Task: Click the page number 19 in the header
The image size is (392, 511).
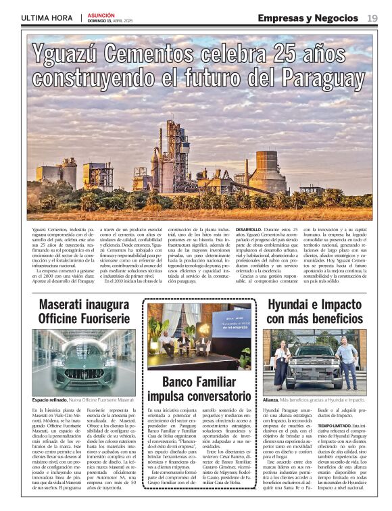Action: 372,18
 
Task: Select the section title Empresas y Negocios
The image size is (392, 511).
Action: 308,18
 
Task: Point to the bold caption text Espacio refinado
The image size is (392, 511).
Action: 49,401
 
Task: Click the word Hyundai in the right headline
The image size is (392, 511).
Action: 292,305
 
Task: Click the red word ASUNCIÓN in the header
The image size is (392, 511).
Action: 101,14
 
